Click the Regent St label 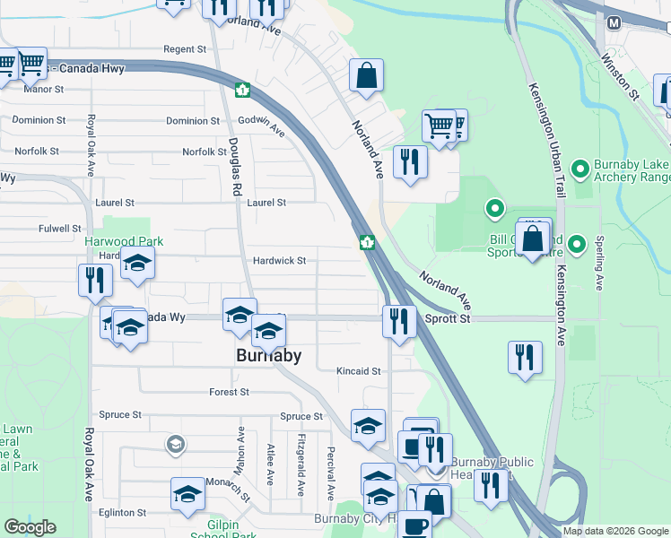(185, 48)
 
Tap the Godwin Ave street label (261, 126)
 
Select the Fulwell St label (61, 229)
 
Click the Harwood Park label (124, 241)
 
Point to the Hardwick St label (279, 261)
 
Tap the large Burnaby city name (267, 355)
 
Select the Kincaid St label (359, 370)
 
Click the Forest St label (229, 392)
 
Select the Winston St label (620, 75)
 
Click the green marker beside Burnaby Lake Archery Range (580, 167)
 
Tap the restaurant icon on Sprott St (399, 320)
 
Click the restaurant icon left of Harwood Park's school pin (94, 280)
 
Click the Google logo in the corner (30, 527)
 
